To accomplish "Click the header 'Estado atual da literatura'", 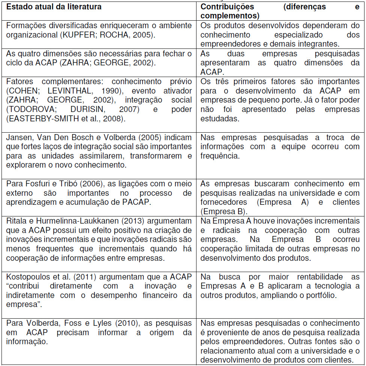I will (54, 7).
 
